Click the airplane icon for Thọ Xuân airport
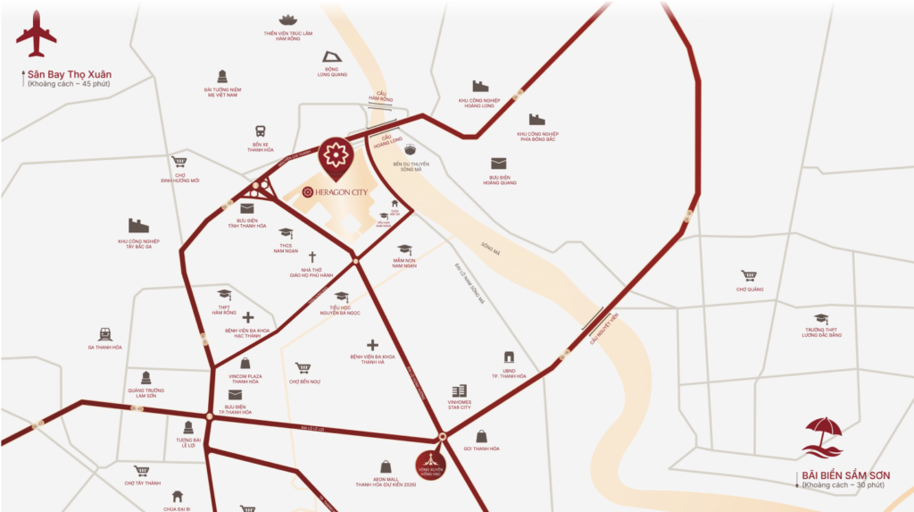click(36, 35)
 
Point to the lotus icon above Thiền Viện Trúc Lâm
click(287, 20)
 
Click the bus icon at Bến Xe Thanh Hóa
click(261, 130)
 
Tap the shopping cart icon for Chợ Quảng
click(749, 276)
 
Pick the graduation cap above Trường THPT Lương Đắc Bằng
click(821, 318)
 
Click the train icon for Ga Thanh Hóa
click(104, 333)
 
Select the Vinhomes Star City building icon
click(459, 391)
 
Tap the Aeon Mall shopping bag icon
click(386, 466)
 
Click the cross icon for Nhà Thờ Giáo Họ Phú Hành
click(312, 256)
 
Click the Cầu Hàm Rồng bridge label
click(383, 97)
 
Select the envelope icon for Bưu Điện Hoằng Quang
click(498, 164)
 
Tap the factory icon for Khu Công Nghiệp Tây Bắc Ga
click(138, 226)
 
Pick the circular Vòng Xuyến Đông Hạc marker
click(431, 465)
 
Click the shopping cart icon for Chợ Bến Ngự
click(303, 368)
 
